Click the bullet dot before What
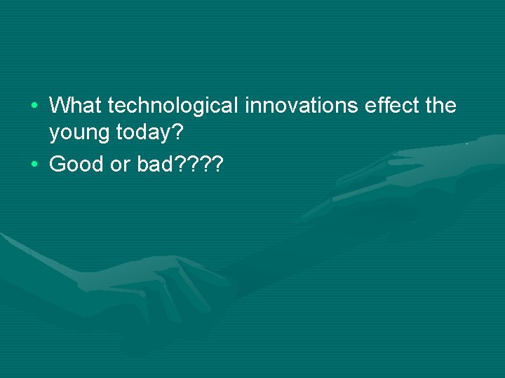tap(35, 106)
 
